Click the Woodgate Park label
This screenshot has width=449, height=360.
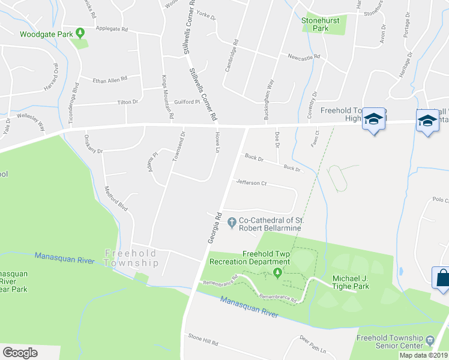(45, 34)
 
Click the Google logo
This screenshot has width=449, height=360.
(20, 353)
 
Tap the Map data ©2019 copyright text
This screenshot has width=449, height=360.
(423, 355)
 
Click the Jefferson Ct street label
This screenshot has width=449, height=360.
(251, 183)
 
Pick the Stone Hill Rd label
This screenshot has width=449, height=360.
(202, 341)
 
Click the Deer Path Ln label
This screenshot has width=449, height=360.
(316, 345)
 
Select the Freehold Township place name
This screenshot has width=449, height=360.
(132, 257)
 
